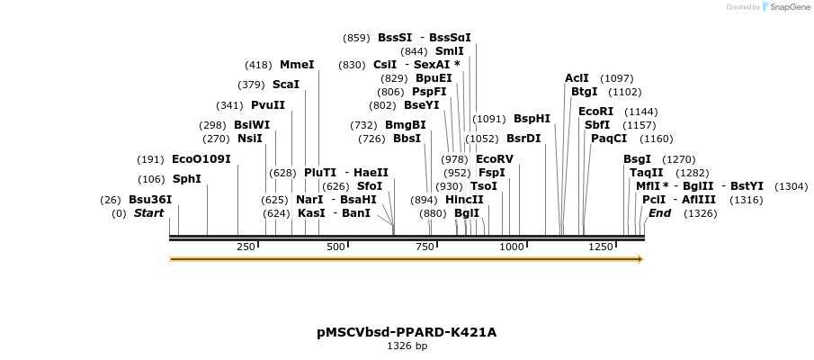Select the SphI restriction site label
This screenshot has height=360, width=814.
coord(187,179)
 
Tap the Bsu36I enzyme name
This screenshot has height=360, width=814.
coord(150,200)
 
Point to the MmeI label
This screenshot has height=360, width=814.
coord(297,65)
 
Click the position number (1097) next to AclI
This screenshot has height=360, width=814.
coord(617,78)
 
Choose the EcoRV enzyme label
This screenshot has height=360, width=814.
coord(494,158)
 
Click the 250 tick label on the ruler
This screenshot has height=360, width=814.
coord(246,247)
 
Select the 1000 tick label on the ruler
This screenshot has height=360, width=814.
coord(511,247)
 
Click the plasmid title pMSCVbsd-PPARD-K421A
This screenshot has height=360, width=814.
coord(407,332)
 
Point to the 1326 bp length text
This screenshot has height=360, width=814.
coord(407,346)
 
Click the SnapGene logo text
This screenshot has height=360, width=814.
coord(787,7)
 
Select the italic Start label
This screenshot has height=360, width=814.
coord(149,213)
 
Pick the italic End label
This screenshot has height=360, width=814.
coord(659,213)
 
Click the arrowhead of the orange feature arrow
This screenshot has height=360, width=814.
coord(640,259)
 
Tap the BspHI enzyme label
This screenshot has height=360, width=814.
coord(532,119)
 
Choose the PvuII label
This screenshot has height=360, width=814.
coord(268,105)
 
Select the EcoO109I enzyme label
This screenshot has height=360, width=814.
coord(201,159)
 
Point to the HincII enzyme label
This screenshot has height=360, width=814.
coord(464,200)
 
